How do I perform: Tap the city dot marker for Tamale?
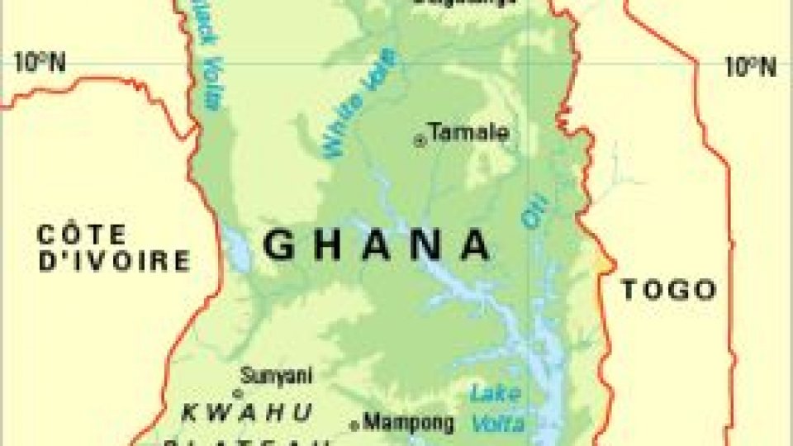click(420, 141)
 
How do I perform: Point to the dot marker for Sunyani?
click(237, 393)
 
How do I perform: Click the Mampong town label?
click(409, 423)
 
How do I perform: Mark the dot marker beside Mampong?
click(354, 425)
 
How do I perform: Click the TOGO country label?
click(667, 289)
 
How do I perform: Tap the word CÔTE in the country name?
click(81, 235)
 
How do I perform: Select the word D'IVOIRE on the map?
click(114, 262)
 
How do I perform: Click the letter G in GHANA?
click(279, 245)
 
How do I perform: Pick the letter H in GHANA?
click(332, 245)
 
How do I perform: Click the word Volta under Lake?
click(498, 424)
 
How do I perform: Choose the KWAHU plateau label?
click(248, 411)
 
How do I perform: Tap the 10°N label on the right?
click(750, 66)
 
